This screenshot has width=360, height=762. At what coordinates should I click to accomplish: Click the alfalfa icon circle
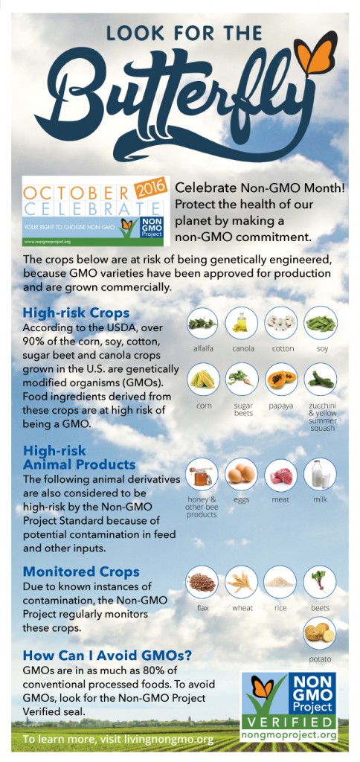202,323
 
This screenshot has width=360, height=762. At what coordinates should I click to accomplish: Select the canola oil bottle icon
242,323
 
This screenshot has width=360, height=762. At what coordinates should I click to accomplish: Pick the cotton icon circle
281,323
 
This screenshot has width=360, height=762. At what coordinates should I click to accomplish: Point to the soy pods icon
320,323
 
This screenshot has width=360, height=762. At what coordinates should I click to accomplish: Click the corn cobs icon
202,379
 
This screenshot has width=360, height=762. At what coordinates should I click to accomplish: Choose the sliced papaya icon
281,379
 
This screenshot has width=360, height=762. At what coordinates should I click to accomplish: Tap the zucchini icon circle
320,379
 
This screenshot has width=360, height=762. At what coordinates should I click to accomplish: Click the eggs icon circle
242,474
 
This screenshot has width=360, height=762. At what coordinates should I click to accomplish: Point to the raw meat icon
281,474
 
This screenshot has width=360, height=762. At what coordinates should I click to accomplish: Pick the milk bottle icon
320,474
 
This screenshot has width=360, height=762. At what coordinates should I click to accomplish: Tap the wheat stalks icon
242,582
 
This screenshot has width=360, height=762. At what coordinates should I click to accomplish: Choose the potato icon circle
320,633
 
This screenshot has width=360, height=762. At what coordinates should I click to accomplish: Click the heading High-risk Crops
77,312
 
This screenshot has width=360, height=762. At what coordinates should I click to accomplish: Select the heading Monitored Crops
82,571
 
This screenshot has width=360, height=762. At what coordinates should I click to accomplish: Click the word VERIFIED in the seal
289,720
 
